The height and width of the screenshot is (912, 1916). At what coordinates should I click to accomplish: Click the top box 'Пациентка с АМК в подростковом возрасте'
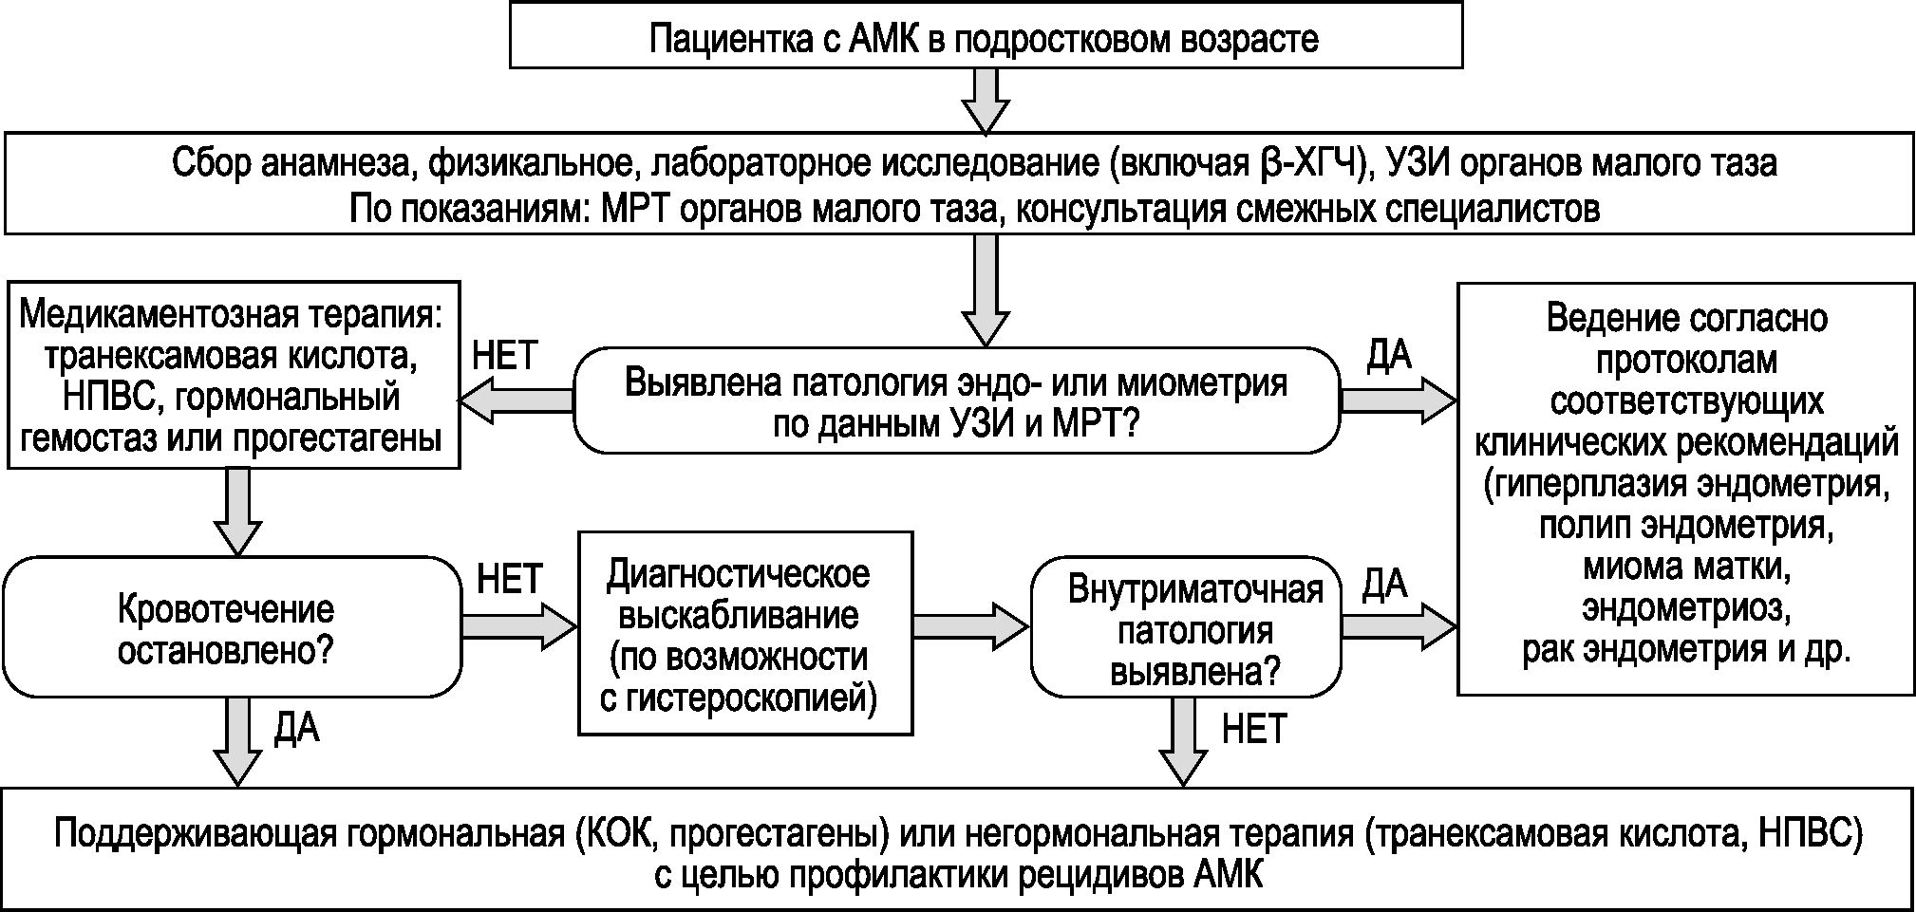(x=985, y=36)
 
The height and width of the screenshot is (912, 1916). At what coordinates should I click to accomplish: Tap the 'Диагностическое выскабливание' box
(x=744, y=633)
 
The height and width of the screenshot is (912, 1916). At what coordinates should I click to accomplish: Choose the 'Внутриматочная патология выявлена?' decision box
(x=1187, y=628)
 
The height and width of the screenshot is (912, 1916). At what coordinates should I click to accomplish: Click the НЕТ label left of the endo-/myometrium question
(x=505, y=356)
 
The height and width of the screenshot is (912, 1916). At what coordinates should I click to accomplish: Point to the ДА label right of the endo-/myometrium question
(x=1389, y=356)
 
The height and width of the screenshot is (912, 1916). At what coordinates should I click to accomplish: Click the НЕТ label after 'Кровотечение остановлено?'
(x=509, y=579)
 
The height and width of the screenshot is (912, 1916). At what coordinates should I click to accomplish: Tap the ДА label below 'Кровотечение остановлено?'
(x=297, y=728)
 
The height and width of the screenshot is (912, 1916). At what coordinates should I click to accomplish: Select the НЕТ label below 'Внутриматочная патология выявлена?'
(x=1253, y=730)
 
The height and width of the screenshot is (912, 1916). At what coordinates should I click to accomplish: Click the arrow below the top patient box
(x=986, y=101)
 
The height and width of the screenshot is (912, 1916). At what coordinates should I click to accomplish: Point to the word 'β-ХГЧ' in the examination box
(x=1311, y=164)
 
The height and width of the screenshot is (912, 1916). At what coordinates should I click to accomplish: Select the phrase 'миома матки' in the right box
(x=1686, y=567)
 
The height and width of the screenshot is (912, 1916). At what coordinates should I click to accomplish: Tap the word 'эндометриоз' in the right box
(x=1686, y=608)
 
